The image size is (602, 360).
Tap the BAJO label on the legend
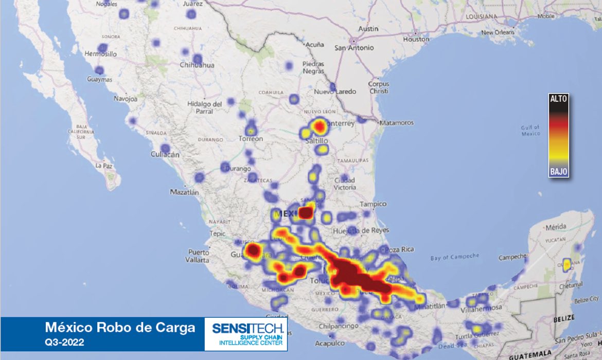(559, 171)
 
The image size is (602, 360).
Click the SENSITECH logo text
(245, 328)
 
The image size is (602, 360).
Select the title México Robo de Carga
(120, 328)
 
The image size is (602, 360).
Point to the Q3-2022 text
(64, 341)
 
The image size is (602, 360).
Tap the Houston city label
(416, 39)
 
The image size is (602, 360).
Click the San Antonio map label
(354, 48)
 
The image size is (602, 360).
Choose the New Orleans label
(498, 32)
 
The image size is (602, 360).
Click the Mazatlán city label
(184, 192)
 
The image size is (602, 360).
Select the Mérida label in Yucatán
(556, 227)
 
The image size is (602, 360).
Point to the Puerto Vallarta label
(199, 256)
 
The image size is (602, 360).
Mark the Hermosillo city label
(100, 53)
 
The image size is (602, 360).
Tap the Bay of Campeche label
(454, 257)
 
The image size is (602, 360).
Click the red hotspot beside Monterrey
(320, 125)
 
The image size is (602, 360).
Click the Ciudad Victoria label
(344, 184)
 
